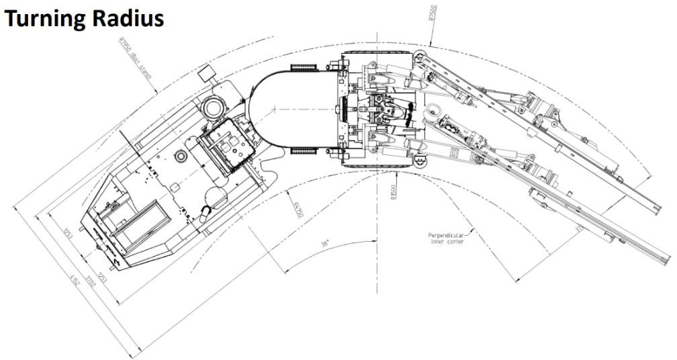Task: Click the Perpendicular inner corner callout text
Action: tap(446, 238)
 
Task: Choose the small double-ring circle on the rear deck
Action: tap(180, 156)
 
